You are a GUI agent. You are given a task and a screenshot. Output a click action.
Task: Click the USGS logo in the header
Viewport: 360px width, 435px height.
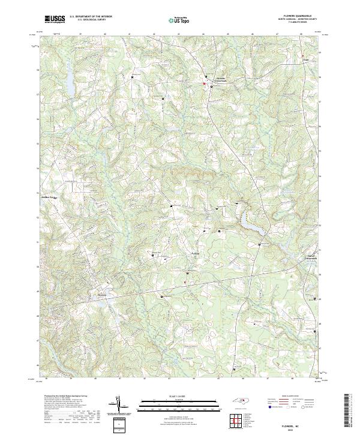coord(55,19)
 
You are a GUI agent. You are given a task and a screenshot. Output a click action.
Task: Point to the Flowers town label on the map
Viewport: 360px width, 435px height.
coord(101,295)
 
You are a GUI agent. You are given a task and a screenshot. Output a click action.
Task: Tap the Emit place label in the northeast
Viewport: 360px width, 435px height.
coord(305,60)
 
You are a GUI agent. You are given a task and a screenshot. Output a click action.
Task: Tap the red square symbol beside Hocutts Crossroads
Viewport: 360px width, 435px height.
coord(204,85)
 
